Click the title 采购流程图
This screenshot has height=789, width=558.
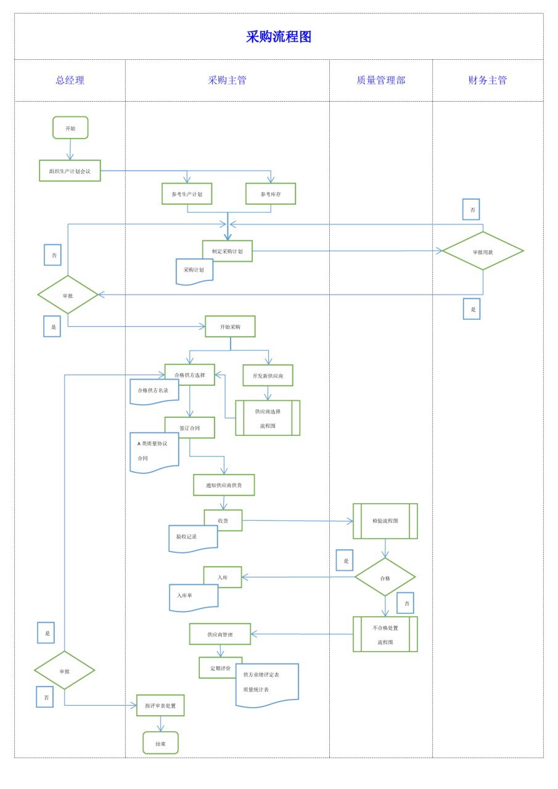click(x=279, y=36)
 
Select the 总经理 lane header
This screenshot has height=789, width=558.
click(x=70, y=80)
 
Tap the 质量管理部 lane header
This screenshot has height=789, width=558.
click(x=381, y=80)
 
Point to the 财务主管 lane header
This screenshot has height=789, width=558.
click(x=488, y=80)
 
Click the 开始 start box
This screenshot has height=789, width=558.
click(x=70, y=128)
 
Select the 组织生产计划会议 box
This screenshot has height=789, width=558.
click(x=70, y=171)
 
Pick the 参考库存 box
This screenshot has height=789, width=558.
click(x=271, y=194)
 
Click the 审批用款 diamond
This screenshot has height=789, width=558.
click(x=483, y=251)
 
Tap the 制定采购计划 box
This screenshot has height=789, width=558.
click(x=228, y=251)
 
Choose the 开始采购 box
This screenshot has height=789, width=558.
click(x=230, y=327)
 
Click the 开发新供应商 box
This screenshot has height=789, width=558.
click(x=268, y=375)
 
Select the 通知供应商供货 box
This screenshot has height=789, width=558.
click(x=224, y=485)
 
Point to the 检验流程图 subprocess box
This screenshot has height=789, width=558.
click(x=385, y=521)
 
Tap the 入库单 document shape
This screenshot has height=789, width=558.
click(x=194, y=598)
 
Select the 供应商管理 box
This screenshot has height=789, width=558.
click(x=220, y=634)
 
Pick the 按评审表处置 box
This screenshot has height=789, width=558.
click(x=160, y=706)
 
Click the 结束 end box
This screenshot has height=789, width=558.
click(x=161, y=743)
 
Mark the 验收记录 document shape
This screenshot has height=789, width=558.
click(x=193, y=539)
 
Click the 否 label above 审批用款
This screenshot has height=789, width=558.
click(x=471, y=209)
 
